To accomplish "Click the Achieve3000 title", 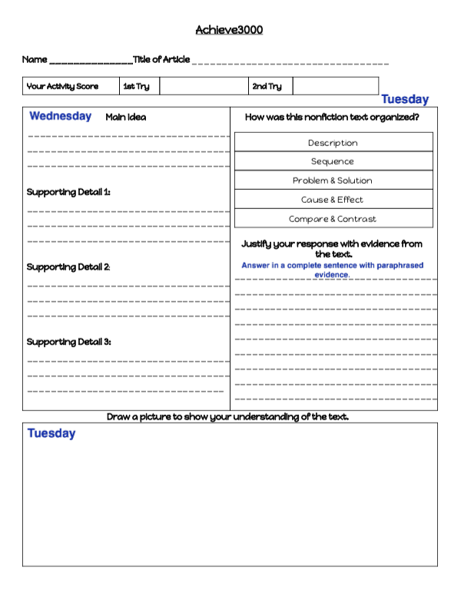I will (x=229, y=30).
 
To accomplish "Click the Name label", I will (x=35, y=60).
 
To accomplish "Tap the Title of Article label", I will (x=161, y=60).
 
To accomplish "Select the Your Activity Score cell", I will (x=63, y=86).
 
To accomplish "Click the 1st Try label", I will (x=137, y=86).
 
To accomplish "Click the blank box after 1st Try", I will (x=204, y=86).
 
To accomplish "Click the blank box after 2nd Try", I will (x=336, y=86).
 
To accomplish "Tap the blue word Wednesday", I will (x=60, y=117).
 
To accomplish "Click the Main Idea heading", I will (x=125, y=118).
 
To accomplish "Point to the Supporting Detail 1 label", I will (x=68, y=192).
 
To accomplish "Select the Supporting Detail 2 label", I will (x=68, y=267).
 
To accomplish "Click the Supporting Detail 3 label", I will (x=68, y=342).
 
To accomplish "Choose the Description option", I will (x=333, y=143).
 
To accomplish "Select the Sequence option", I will (x=333, y=161).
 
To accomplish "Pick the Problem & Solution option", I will (x=333, y=181).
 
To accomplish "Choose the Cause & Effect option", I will (x=333, y=200).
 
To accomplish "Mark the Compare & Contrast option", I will (x=333, y=219).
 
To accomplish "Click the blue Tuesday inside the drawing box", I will (x=51, y=433).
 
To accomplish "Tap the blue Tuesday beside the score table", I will (x=405, y=99).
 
